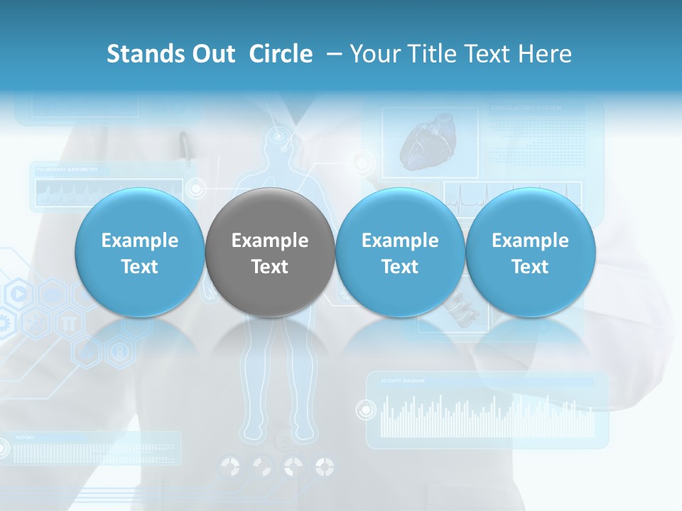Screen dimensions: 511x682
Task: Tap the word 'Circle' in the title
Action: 281,54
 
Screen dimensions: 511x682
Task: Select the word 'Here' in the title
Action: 544,54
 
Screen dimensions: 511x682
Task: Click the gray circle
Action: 270,253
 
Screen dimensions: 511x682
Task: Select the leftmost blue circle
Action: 139,253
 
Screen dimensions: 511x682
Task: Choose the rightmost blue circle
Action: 530,253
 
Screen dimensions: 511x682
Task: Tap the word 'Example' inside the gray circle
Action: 270,241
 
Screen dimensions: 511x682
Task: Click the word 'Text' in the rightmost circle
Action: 530,267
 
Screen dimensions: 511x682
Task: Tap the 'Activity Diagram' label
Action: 402,381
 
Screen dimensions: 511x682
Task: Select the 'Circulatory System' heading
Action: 526,108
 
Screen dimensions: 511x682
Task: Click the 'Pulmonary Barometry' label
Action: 68,170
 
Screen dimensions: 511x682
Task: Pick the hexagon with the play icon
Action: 19,292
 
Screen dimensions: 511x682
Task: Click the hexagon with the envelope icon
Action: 52,292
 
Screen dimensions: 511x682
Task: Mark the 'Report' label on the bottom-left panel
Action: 24,438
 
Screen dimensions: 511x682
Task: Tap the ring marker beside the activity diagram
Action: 366,410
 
